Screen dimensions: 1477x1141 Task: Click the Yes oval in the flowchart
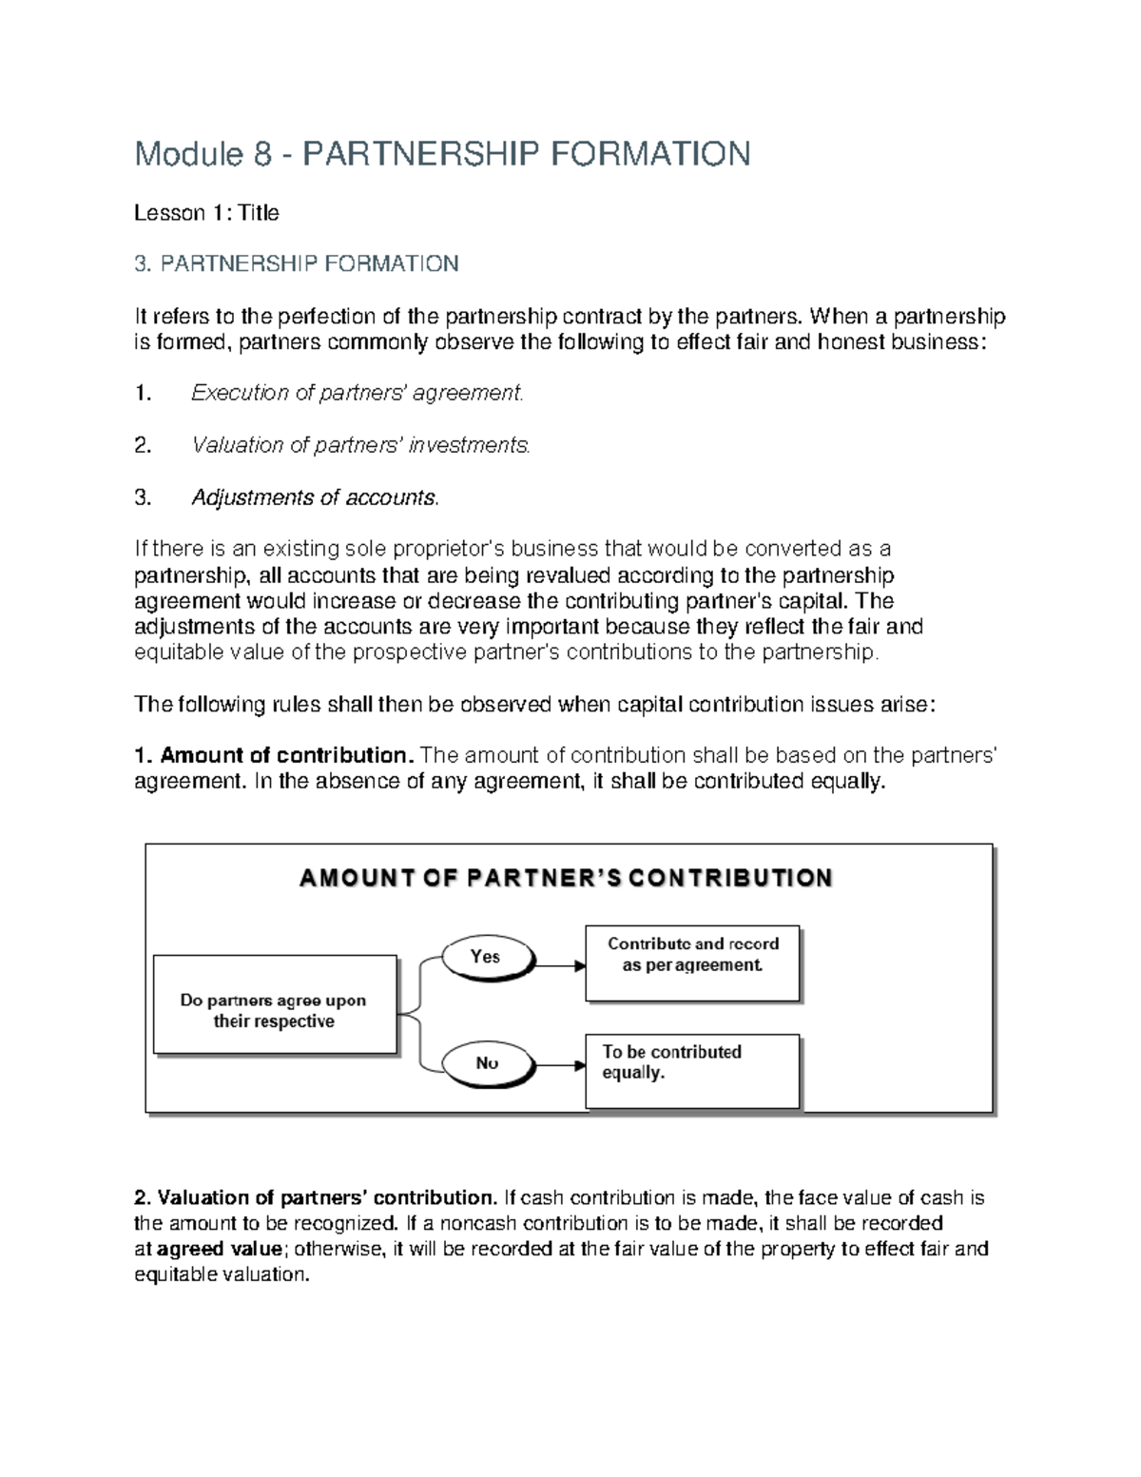pyautogui.click(x=485, y=957)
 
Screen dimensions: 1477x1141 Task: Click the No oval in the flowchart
pyautogui.click(x=486, y=1063)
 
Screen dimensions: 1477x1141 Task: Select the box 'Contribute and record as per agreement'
pyautogui.click(x=692, y=962)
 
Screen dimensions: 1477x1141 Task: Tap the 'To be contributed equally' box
pyautogui.click(x=692, y=1071)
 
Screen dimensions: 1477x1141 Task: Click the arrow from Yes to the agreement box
pyautogui.click(x=561, y=966)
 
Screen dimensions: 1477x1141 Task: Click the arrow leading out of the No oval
pyautogui.click(x=561, y=1066)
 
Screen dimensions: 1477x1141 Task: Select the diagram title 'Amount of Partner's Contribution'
pyautogui.click(x=566, y=878)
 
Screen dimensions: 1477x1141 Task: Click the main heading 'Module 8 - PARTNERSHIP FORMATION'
pyautogui.click(x=442, y=153)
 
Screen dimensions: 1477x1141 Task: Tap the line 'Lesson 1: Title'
pyautogui.click(x=206, y=213)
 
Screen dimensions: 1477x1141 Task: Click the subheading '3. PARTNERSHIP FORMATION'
pyautogui.click(x=296, y=263)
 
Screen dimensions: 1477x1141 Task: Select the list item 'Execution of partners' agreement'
pyautogui.click(x=357, y=393)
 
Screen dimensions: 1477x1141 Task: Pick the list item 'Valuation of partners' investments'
pyautogui.click(x=360, y=445)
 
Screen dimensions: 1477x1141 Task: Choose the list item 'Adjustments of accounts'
pyautogui.click(x=316, y=497)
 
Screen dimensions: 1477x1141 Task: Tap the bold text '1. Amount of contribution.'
pyautogui.click(x=274, y=756)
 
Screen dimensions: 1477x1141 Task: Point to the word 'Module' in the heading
pyautogui.click(x=187, y=153)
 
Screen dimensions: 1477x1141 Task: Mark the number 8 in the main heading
pyautogui.click(x=262, y=153)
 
